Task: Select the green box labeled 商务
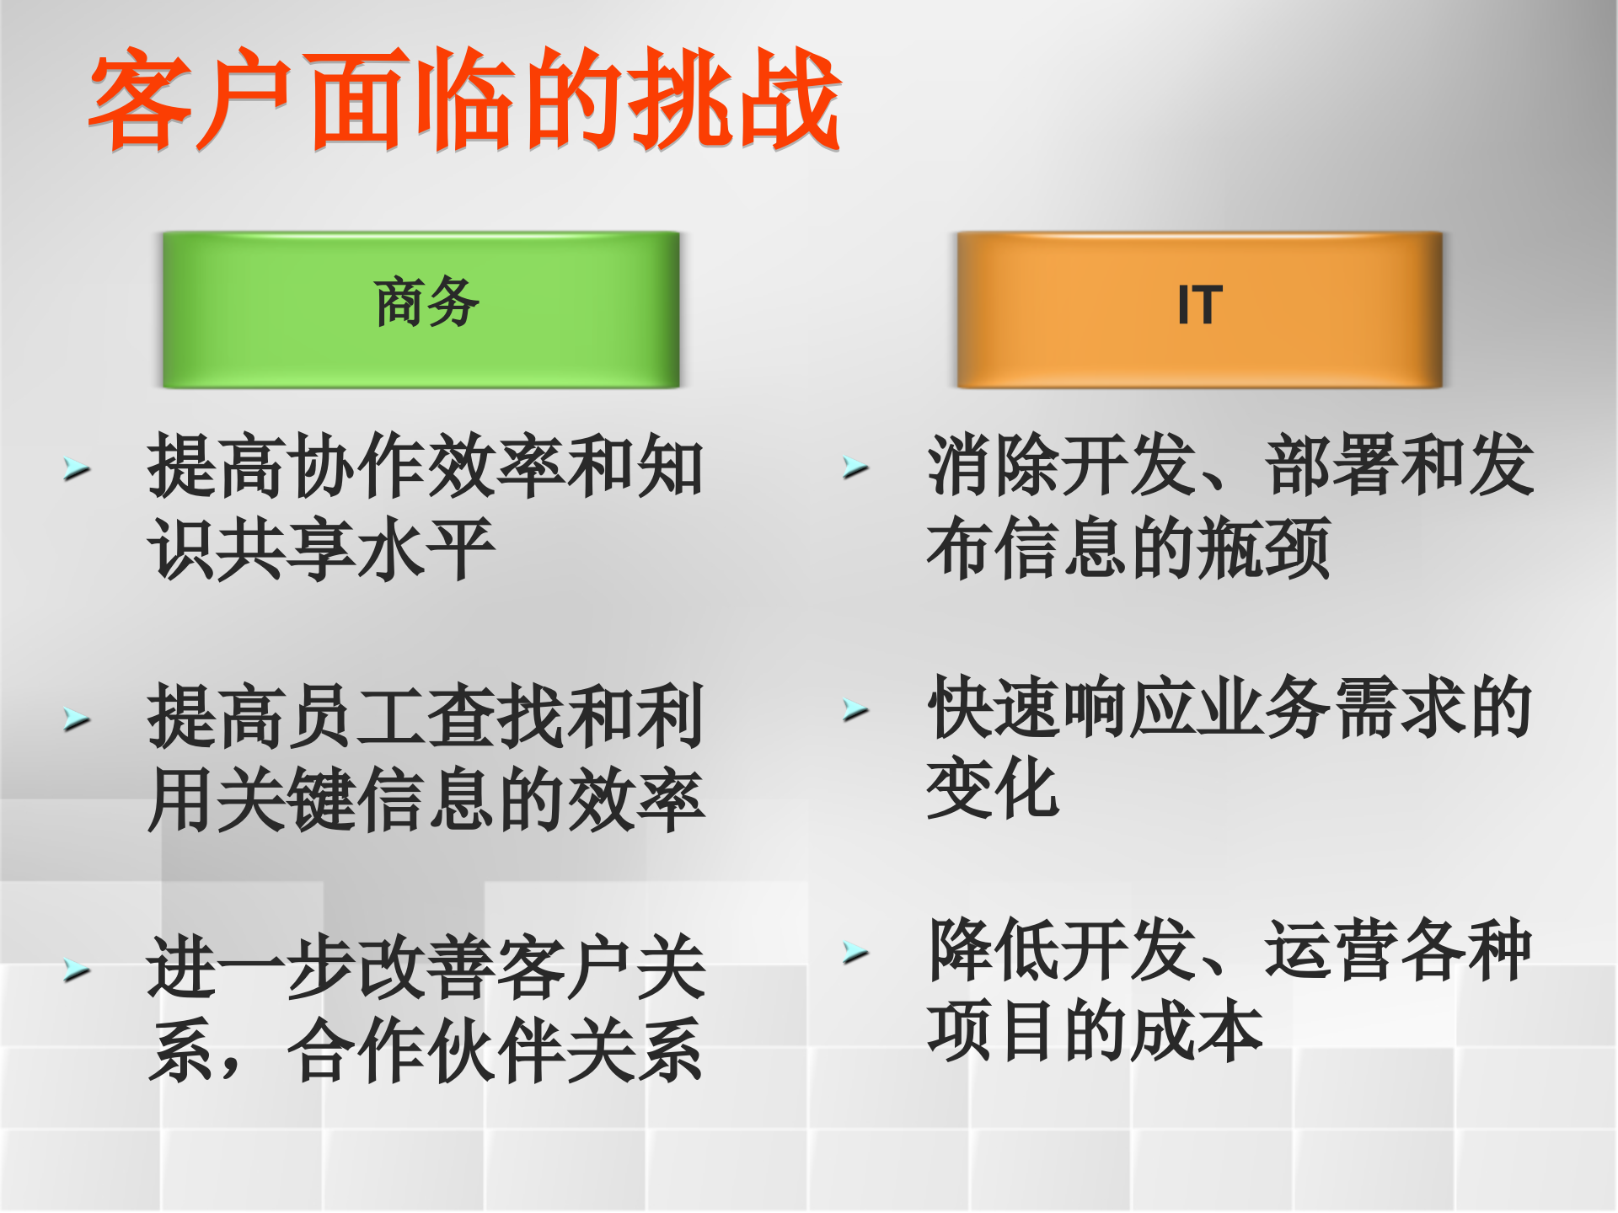[421, 309]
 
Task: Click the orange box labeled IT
[1199, 309]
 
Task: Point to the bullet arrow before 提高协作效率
[77, 468]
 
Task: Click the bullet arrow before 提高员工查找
[77, 719]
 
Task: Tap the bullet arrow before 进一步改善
[77, 970]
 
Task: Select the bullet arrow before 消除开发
[855, 467]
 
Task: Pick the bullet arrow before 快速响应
[855, 709]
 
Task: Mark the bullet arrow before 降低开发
[855, 952]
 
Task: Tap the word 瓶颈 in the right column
[1264, 548]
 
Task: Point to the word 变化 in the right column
[993, 788]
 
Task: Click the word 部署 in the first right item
[1333, 465]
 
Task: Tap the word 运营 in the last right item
[1333, 950]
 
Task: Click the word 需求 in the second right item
[1401, 708]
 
